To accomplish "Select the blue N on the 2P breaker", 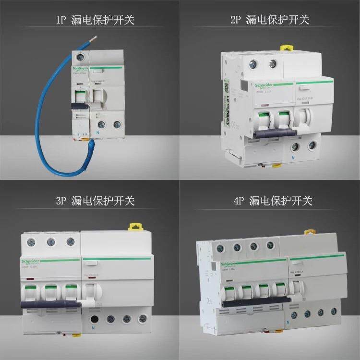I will pyautogui.click(x=292, y=157).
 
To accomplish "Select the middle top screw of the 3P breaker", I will pyautogui.click(x=50, y=241).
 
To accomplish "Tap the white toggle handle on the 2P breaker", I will pyautogui.click(x=303, y=118).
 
